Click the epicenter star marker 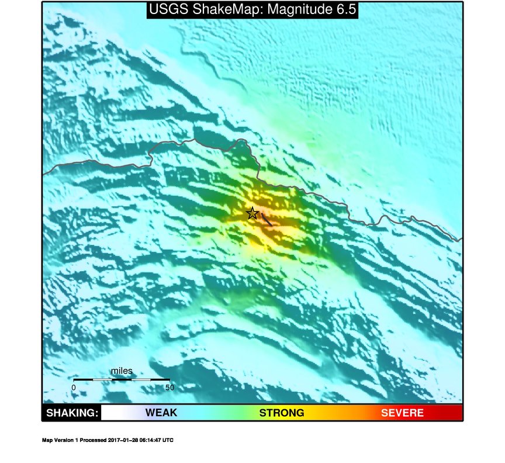click(x=252, y=213)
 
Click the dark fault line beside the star click(x=267, y=220)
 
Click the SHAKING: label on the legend click(x=71, y=413)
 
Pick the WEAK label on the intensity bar click(x=161, y=413)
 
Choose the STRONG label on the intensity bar click(x=282, y=413)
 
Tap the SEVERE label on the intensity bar click(x=402, y=413)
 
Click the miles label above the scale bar click(x=122, y=371)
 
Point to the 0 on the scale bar click(x=74, y=387)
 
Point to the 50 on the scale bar click(x=170, y=387)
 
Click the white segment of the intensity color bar click(x=114, y=413)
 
